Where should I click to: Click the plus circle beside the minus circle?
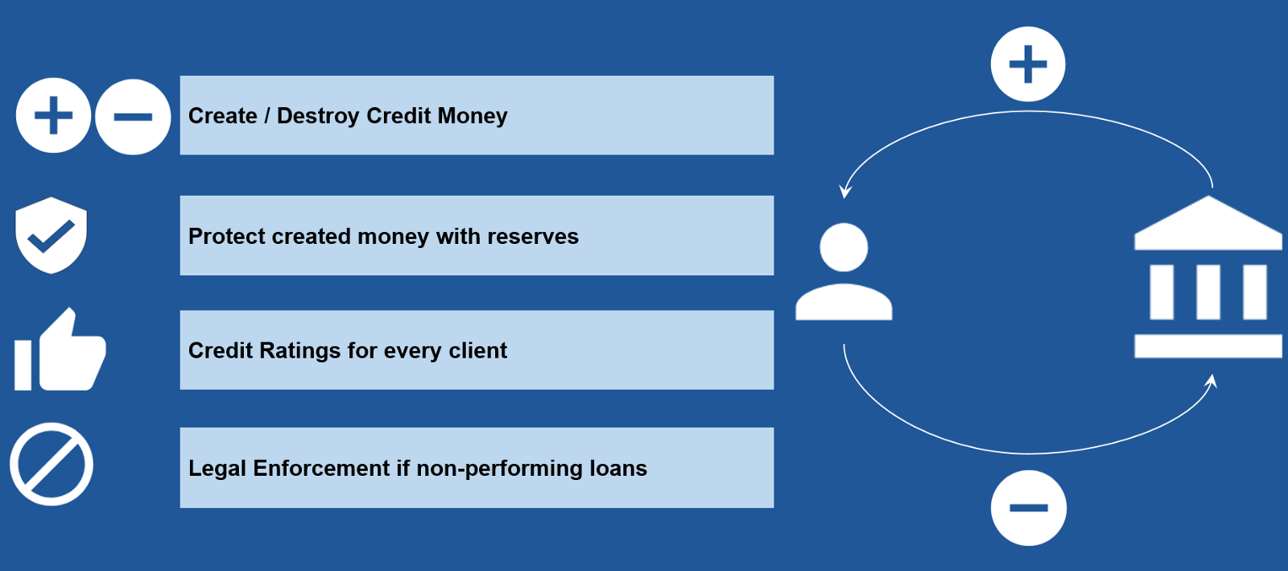[x=53, y=116]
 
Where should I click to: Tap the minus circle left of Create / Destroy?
[x=133, y=117]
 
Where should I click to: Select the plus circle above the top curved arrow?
[x=1028, y=64]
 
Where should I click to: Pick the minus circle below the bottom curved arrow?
[x=1029, y=507]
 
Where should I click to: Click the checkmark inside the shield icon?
[x=52, y=237]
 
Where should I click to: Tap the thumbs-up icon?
[x=60, y=349]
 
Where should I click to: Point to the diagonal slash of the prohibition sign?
[x=52, y=465]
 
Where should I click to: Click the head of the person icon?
[x=844, y=247]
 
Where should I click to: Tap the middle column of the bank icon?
[x=1208, y=292]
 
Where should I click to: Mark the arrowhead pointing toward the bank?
[x=1211, y=381]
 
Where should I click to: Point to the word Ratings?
[x=299, y=351]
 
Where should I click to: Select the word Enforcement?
[x=321, y=468]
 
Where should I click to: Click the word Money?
[x=472, y=116]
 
